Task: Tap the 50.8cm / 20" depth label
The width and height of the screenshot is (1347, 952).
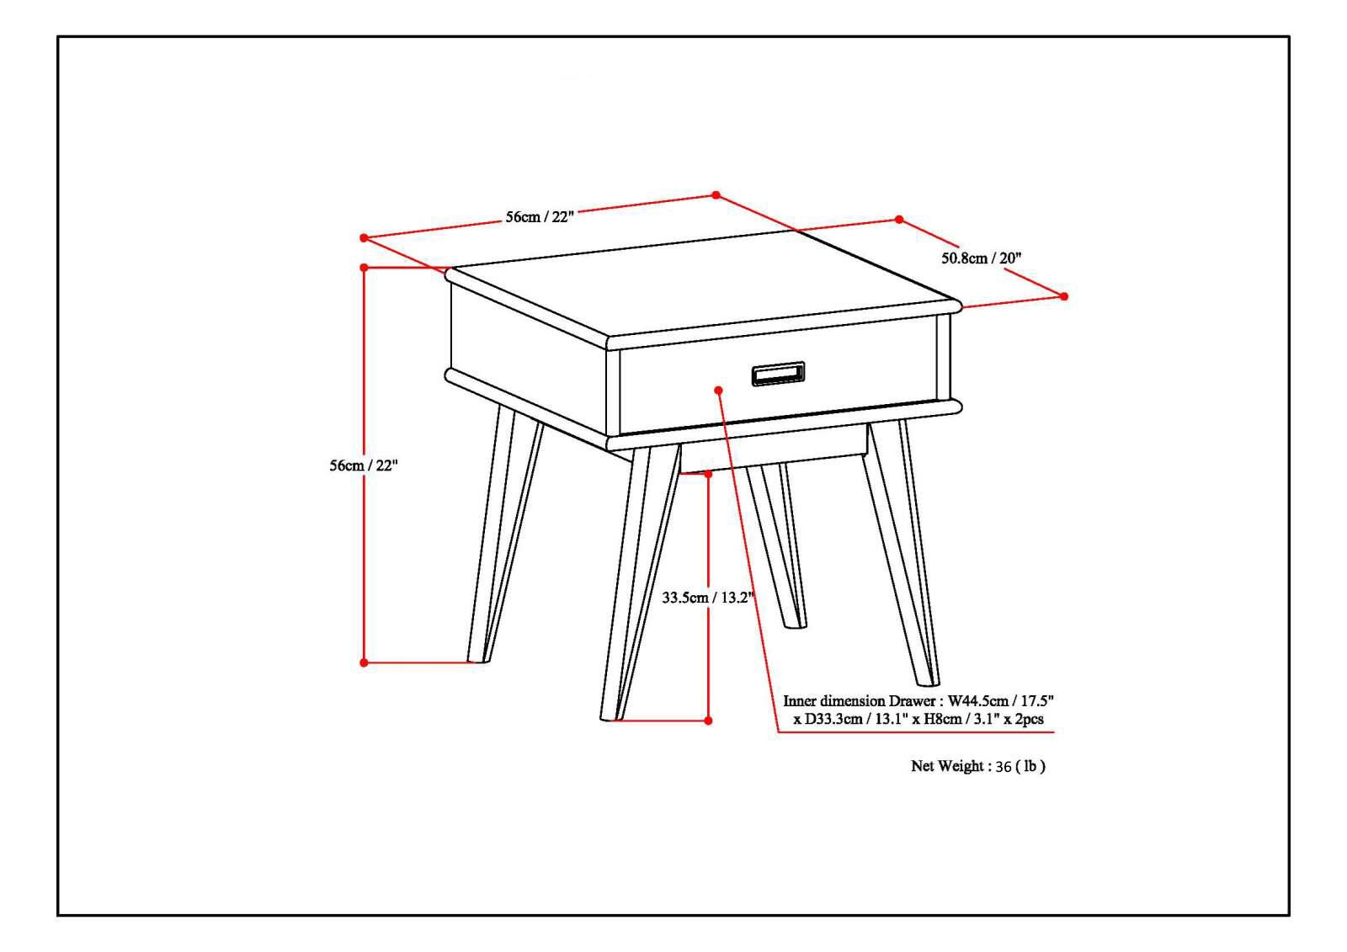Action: tap(981, 258)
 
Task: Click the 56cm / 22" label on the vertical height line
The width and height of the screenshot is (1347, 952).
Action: tap(363, 465)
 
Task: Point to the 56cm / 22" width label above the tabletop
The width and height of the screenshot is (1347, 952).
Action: tap(539, 216)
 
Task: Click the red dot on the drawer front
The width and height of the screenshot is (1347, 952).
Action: tap(718, 390)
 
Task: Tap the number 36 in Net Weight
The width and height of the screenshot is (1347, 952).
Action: tap(1003, 767)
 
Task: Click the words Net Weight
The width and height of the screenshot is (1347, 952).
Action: tap(946, 767)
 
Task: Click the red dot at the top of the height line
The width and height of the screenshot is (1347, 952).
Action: tap(364, 268)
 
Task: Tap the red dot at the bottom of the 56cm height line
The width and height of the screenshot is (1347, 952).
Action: tap(364, 662)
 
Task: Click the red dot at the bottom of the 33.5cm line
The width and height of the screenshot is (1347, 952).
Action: tap(708, 721)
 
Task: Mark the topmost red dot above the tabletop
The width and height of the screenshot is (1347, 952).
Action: tap(716, 195)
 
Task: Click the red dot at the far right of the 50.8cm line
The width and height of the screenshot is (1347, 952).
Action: tap(1063, 296)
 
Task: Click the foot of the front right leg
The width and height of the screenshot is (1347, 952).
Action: tap(927, 678)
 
